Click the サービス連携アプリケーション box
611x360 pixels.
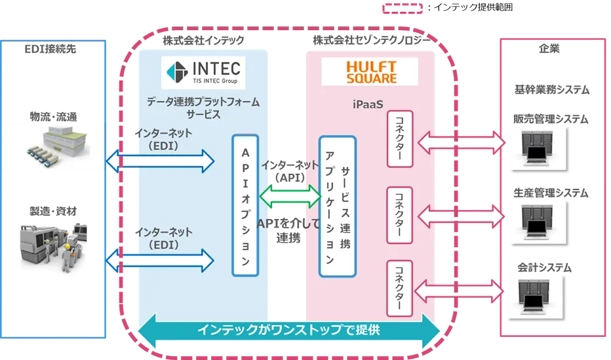[x=337, y=206]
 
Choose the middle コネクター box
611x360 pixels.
[x=400, y=214]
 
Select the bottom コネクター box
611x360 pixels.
[x=400, y=289]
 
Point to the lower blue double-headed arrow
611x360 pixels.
[x=161, y=260]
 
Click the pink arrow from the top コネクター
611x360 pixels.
[x=460, y=140]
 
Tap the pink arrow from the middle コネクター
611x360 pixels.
[x=460, y=214]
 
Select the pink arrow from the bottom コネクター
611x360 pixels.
[x=460, y=289]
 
